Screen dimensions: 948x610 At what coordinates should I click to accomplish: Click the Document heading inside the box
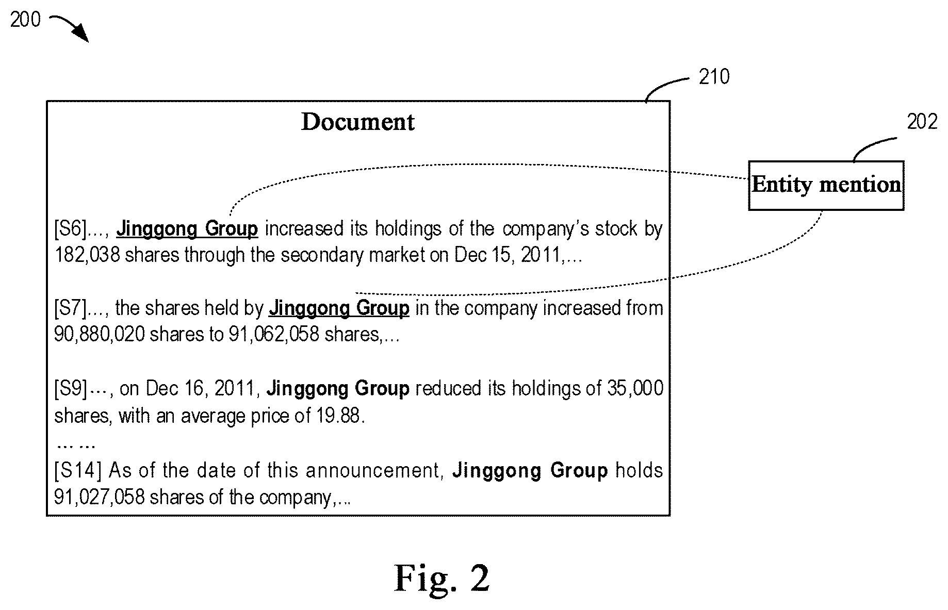[x=358, y=122]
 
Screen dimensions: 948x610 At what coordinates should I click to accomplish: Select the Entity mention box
[x=826, y=185]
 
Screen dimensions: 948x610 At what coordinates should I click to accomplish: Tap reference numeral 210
[x=714, y=77]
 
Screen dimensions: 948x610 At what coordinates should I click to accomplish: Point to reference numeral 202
[x=922, y=122]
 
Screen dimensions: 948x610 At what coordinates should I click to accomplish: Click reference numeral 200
[x=25, y=20]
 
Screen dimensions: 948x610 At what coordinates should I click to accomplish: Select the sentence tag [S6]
[x=71, y=228]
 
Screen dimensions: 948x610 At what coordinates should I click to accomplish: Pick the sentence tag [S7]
[x=71, y=308]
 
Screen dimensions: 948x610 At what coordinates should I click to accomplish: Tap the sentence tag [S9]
[x=71, y=388]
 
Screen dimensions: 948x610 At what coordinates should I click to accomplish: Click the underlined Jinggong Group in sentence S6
[x=187, y=228]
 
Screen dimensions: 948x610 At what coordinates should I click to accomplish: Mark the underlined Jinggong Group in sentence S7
[x=339, y=308]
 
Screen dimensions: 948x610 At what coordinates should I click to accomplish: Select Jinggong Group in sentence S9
[x=338, y=388]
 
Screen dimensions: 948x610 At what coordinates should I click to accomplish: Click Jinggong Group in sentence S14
[x=530, y=470]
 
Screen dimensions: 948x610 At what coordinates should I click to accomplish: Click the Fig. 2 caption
[x=442, y=578]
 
